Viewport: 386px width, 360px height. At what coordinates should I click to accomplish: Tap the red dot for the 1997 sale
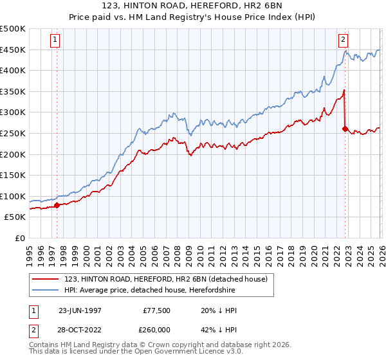click(57, 206)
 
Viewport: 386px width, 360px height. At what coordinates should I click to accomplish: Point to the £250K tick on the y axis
click(13, 133)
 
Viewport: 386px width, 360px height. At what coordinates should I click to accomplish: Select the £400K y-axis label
click(13, 71)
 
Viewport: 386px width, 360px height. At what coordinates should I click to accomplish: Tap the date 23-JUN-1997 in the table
click(80, 310)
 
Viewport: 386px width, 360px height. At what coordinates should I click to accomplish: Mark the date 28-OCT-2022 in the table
click(80, 328)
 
